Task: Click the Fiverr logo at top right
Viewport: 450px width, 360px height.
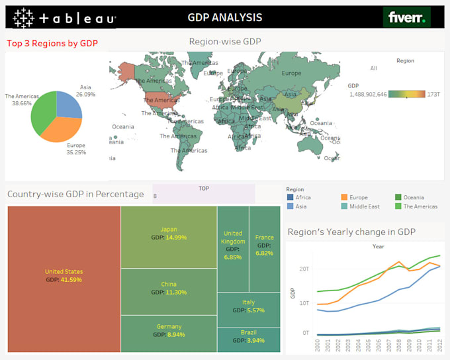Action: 406,17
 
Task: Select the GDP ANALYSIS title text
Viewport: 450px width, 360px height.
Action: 225,18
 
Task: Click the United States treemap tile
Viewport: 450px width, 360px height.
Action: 64,279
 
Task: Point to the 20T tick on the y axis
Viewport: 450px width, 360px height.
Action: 304,268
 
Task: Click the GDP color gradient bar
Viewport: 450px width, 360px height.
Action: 407,95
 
